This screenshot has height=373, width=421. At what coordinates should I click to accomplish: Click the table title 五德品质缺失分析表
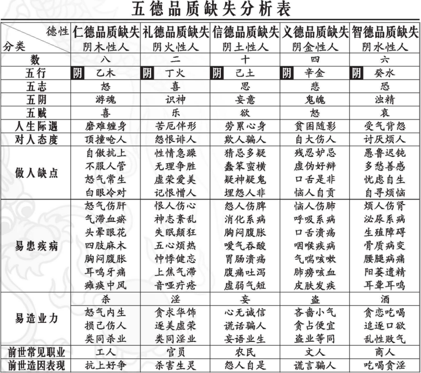210,9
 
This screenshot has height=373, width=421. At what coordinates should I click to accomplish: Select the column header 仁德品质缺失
106,33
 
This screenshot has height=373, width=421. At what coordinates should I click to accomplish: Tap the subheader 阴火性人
175,47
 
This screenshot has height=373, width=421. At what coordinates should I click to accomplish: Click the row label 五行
36,74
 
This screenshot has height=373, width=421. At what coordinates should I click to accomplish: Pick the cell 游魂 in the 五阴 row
106,100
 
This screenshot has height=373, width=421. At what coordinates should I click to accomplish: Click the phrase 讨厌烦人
385,140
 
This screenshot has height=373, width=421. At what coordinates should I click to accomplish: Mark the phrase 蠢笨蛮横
245,166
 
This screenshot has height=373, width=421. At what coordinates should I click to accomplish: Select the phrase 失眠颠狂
175,233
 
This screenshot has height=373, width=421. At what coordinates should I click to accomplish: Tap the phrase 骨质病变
385,246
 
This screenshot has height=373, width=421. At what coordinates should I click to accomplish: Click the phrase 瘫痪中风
106,285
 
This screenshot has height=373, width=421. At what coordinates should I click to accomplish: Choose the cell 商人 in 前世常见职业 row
385,353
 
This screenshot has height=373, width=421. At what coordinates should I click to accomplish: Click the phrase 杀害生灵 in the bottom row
175,366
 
